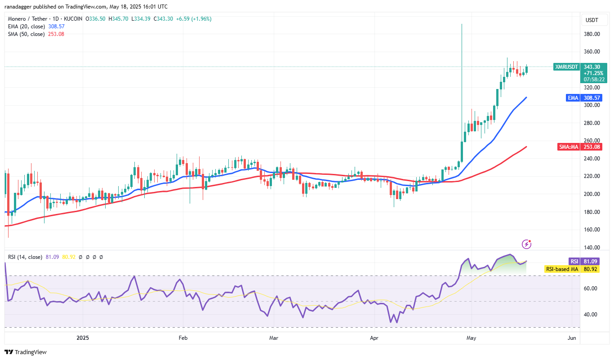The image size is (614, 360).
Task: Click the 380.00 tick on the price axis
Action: pyautogui.click(x=592, y=34)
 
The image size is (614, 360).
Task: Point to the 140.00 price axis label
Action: pyautogui.click(x=592, y=248)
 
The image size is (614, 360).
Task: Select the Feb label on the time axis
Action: pyautogui.click(x=182, y=338)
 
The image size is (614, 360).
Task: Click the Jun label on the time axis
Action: pyautogui.click(x=571, y=338)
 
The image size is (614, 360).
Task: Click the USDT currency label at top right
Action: pyautogui.click(x=591, y=20)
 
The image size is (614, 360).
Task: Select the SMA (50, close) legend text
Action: pyautogui.click(x=26, y=34)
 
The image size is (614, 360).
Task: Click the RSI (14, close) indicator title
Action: pyautogui.click(x=25, y=257)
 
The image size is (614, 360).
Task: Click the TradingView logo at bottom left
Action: pyautogui.click(x=26, y=352)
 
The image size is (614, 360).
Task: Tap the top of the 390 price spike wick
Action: pyautogui.click(x=462, y=24)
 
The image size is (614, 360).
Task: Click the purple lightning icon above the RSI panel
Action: pyautogui.click(x=527, y=244)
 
